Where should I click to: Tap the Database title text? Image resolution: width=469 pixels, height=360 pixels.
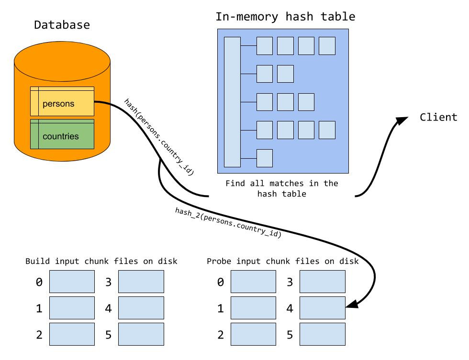[62, 25]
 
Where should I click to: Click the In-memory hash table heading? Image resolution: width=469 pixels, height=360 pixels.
[285, 17]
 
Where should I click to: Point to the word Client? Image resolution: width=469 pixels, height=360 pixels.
[438, 117]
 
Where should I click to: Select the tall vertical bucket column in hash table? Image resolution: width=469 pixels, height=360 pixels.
[232, 102]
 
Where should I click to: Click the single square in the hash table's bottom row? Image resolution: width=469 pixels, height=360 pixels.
[265, 157]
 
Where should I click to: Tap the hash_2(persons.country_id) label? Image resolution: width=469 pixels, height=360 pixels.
[228, 223]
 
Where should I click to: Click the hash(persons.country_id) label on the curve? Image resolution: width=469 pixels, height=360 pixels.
[159, 137]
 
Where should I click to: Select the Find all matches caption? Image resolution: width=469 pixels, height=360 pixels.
[281, 188]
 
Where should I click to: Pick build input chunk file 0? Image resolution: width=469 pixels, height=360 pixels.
[72, 282]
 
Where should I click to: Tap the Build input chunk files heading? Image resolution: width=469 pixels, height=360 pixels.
[101, 261]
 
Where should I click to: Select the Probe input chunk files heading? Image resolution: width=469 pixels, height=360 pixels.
[282, 261]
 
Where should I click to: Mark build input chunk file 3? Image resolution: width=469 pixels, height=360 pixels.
[141, 282]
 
